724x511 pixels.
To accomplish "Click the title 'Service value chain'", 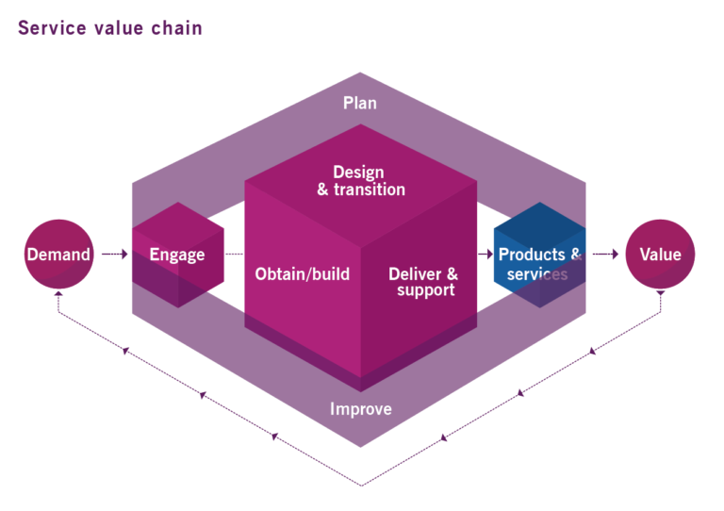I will pyautogui.click(x=109, y=27).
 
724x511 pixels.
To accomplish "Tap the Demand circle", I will pyautogui.click(x=58, y=255).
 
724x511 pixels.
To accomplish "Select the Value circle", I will pyautogui.click(x=660, y=255).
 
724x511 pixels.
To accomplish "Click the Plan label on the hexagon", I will pyautogui.click(x=359, y=103).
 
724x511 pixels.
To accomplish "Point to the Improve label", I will pyautogui.click(x=360, y=409).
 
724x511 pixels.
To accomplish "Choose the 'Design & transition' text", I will pyautogui.click(x=359, y=181).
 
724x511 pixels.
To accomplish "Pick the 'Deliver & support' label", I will pyautogui.click(x=423, y=282).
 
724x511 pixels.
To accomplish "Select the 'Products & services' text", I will pyautogui.click(x=538, y=264).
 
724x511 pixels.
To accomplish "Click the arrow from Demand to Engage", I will pyautogui.click(x=114, y=255).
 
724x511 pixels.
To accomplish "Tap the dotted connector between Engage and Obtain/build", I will pyautogui.click(x=234, y=255).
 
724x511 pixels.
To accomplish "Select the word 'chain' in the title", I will pyautogui.click(x=177, y=27).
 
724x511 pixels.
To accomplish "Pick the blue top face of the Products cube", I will pyautogui.click(x=539, y=224).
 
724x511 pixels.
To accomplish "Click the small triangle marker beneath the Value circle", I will pyautogui.click(x=660, y=293).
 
